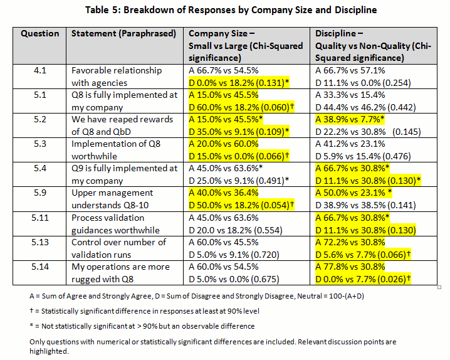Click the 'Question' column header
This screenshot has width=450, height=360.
click(40, 33)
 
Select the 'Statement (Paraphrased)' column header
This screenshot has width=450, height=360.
click(123, 33)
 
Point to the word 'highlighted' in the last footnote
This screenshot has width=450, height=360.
click(48, 351)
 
